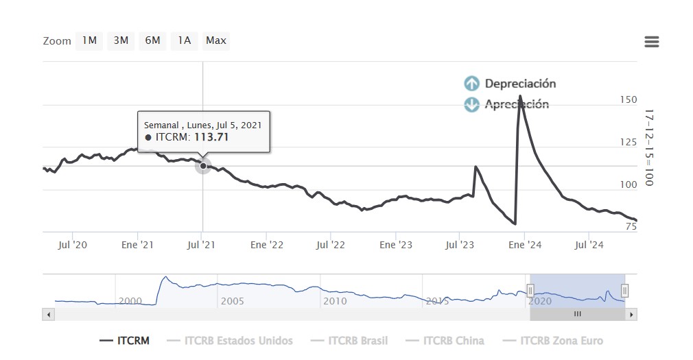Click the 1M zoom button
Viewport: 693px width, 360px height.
[x=89, y=40]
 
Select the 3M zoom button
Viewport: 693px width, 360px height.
[x=121, y=40]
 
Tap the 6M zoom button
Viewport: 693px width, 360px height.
[x=152, y=40]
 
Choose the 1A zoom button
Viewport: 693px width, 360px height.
[x=184, y=40]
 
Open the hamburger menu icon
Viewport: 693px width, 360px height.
[x=652, y=42]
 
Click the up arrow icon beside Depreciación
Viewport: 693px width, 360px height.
[x=471, y=84]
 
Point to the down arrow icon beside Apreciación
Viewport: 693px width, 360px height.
[x=471, y=104]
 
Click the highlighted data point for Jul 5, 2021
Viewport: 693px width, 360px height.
[x=203, y=165]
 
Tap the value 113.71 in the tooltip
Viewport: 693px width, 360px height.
[x=211, y=137]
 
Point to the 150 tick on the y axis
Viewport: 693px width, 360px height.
[x=628, y=100]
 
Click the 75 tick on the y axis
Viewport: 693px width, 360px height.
[x=631, y=227]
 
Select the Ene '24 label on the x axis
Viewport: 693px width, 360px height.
[x=526, y=245]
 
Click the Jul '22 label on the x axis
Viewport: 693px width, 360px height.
[x=331, y=245]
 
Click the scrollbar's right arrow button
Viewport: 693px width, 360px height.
[x=632, y=314]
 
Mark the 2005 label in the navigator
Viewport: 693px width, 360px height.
[x=232, y=301]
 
